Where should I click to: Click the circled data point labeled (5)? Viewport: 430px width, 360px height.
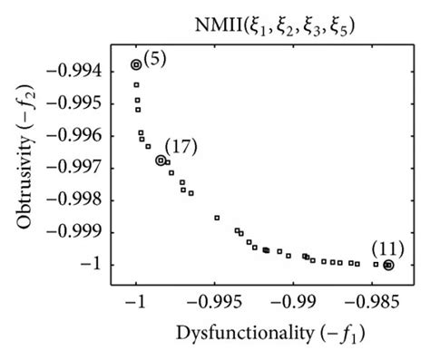click(x=136, y=64)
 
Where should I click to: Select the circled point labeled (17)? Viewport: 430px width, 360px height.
click(x=161, y=161)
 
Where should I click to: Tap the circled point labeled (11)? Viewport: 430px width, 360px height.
click(x=388, y=265)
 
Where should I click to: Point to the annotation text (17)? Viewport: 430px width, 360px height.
click(x=181, y=145)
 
